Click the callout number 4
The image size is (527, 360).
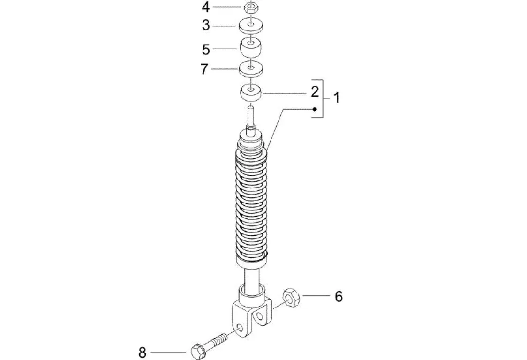coord(205,7)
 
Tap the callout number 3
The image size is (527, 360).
coord(206,25)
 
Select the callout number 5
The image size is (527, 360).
coord(206,49)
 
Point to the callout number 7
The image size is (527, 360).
coord(204,69)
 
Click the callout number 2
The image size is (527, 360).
coord(315,91)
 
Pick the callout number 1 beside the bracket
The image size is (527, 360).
coord(337,98)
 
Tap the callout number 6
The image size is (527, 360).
coord(339,296)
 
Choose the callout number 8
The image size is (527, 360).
coord(142,352)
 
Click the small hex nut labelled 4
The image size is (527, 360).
coord(251,6)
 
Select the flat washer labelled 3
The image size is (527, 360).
coord(251,26)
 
